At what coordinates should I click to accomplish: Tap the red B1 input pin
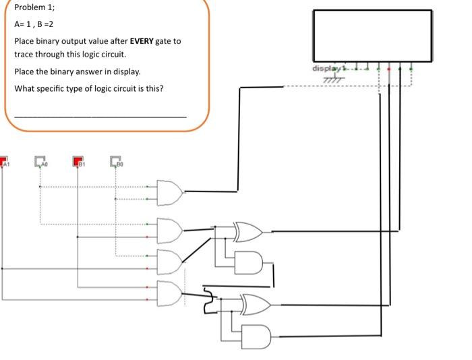tap(78, 162)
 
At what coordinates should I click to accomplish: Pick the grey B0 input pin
tap(115, 162)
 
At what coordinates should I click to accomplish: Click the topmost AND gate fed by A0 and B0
tap(169, 192)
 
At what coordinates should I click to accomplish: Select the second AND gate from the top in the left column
tap(169, 231)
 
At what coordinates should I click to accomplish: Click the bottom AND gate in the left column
tap(169, 292)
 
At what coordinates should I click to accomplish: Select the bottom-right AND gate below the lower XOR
tap(256, 335)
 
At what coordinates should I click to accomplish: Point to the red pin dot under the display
tap(389, 69)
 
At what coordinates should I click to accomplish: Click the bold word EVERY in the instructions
tap(142, 41)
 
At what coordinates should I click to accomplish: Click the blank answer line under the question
tap(100, 117)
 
